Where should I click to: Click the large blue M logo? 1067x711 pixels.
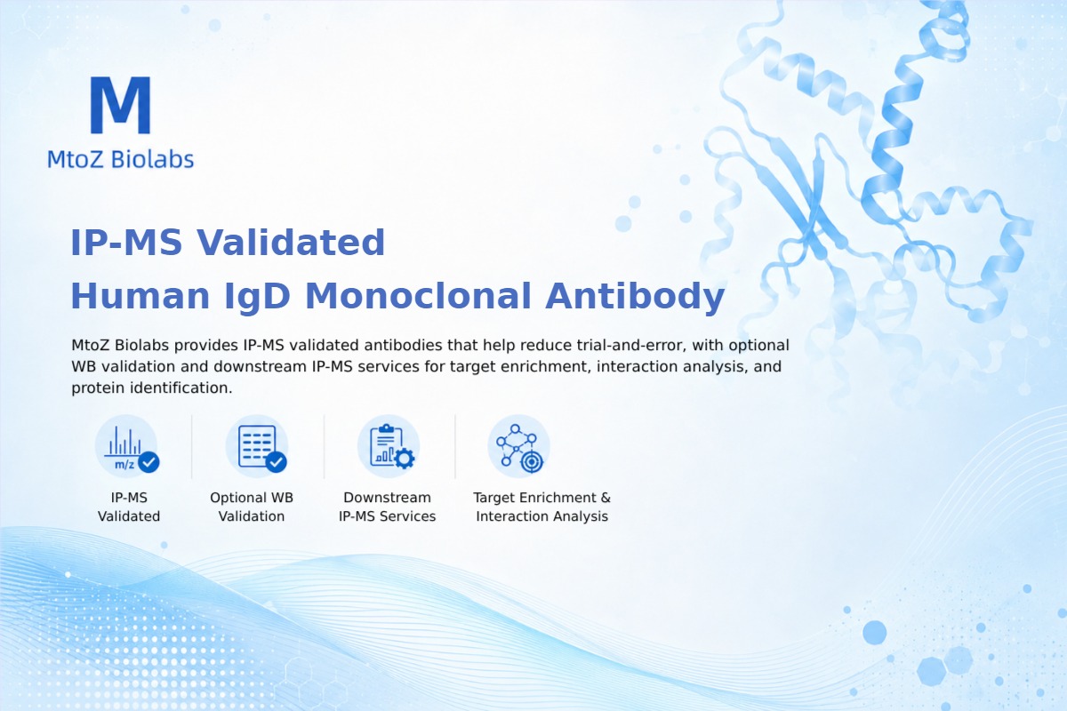(121, 105)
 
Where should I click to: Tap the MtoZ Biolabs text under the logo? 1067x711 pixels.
(121, 159)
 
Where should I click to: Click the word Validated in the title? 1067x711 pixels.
(291, 243)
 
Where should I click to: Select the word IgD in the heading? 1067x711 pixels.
(257, 296)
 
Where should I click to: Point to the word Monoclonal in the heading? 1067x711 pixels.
(418, 296)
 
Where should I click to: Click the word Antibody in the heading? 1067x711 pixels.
(635, 296)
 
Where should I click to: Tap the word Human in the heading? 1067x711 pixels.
(140, 296)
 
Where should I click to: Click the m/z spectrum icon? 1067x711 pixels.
(126, 447)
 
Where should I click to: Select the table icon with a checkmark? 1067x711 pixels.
(257, 447)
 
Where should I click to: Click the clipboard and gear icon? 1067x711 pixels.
(389, 447)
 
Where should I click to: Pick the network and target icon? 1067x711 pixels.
(518, 447)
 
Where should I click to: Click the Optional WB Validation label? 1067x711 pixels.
(252, 507)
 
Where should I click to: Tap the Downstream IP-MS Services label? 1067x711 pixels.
(388, 507)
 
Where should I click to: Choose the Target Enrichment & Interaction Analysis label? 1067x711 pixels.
(542, 507)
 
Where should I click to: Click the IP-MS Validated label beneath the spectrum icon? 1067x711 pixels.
(129, 507)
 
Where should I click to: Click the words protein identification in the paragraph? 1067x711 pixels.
(150, 388)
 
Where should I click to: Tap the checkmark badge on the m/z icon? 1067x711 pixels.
(148, 462)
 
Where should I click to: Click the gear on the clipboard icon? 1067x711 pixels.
(405, 459)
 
